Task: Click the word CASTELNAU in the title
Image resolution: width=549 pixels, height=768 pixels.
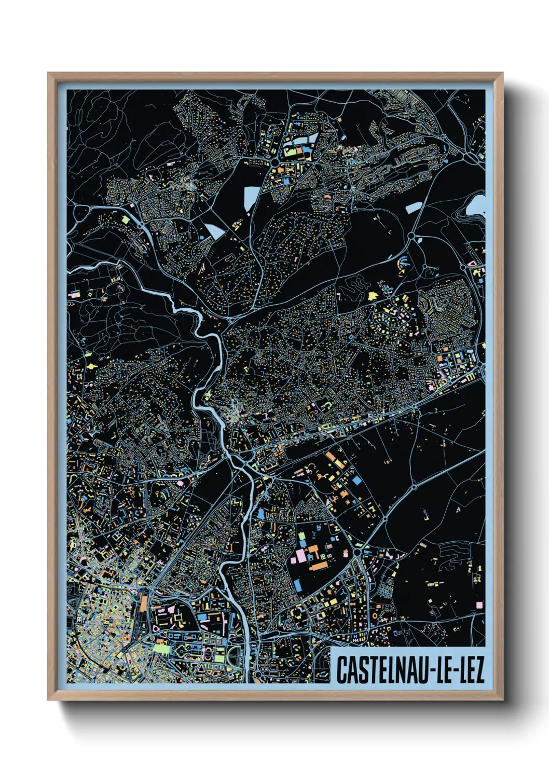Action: (x=382, y=670)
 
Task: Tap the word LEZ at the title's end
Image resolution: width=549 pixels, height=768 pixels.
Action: (x=471, y=670)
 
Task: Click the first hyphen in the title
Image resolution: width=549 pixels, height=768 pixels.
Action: (x=431, y=671)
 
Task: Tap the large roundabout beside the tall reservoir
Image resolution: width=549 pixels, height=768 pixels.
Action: (x=273, y=163)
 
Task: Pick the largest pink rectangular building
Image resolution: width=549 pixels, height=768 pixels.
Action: (x=301, y=556)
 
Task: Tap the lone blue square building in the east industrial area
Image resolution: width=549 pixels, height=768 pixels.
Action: (x=357, y=481)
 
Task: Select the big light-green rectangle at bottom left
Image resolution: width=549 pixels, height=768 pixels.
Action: (x=161, y=648)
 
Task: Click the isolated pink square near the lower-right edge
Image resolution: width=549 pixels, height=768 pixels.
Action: (x=479, y=605)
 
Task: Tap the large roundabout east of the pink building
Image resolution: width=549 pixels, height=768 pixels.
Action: (x=358, y=553)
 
